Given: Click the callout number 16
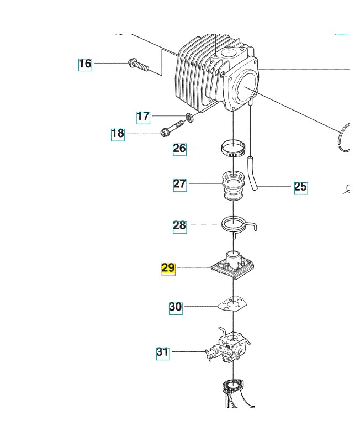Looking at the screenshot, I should (x=85, y=64).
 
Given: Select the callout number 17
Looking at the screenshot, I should (x=144, y=117).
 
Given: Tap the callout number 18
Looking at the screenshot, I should (x=118, y=134).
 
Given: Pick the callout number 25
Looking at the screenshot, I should (x=300, y=187).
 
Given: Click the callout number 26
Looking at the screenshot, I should (x=179, y=148).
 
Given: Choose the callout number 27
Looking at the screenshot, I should (x=180, y=184).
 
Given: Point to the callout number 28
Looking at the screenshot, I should (x=179, y=225).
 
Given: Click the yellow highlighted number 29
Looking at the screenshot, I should (x=168, y=269).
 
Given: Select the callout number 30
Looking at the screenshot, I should (x=176, y=307).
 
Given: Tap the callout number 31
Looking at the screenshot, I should (x=163, y=352).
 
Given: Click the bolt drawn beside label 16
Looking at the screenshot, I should (x=139, y=65).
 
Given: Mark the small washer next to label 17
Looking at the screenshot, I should (x=189, y=117).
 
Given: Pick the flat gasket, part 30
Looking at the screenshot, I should (x=234, y=307).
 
